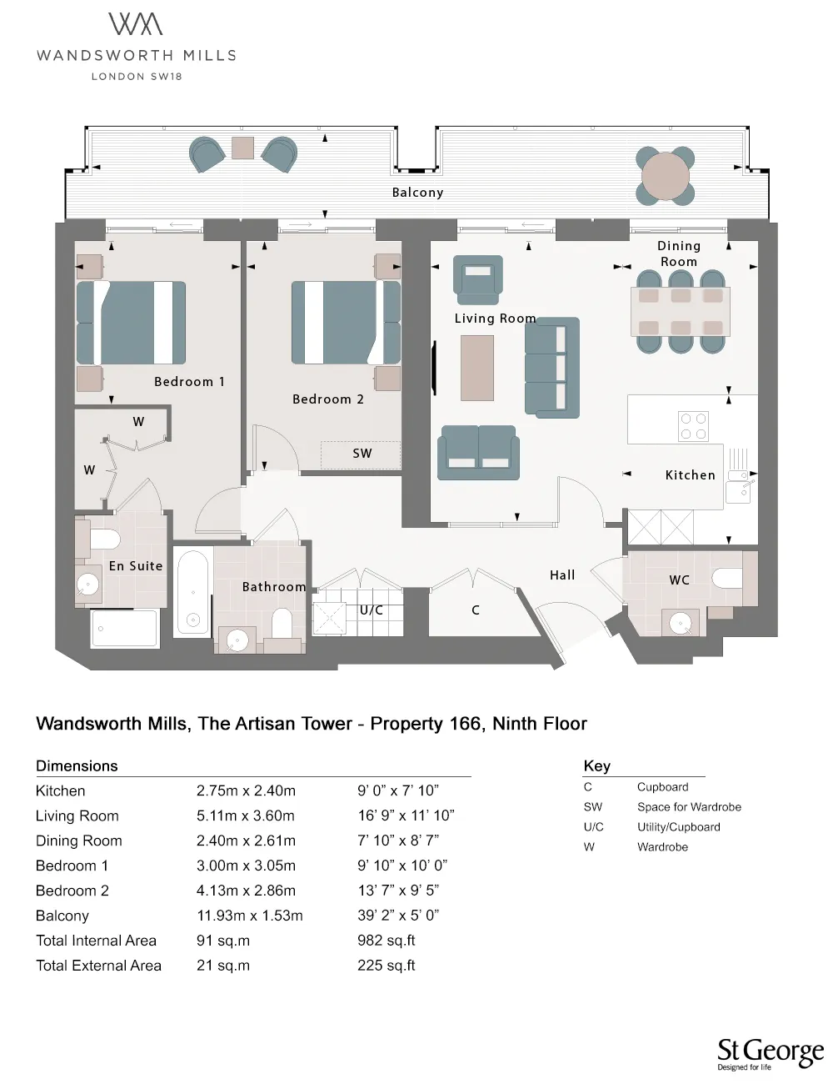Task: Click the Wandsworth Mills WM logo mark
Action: tap(136, 24)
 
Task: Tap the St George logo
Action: tap(770, 1053)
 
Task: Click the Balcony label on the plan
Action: tap(417, 193)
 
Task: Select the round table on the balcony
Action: tap(666, 176)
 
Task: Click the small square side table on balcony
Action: tap(243, 148)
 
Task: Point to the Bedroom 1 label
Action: tap(189, 382)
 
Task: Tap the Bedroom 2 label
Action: tap(327, 399)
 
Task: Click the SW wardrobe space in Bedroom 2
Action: tap(361, 454)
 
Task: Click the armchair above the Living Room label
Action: tap(478, 279)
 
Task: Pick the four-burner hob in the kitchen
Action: tap(693, 426)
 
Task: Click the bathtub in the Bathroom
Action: tap(193, 591)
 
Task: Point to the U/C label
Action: tap(372, 610)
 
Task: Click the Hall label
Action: tap(562, 575)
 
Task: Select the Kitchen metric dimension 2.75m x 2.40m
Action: tap(246, 790)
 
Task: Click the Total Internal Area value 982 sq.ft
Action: tap(386, 941)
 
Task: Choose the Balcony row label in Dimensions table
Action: tap(62, 916)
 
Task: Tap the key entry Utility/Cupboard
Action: tap(678, 827)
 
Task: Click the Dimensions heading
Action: tap(77, 765)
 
